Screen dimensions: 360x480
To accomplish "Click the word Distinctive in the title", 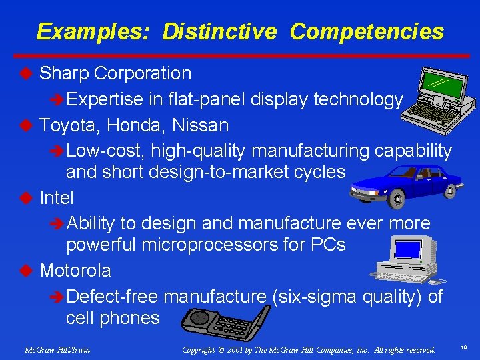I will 219,31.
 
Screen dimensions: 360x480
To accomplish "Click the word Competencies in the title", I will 367,31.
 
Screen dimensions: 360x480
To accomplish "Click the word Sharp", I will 65,73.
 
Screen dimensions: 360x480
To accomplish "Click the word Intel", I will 57,198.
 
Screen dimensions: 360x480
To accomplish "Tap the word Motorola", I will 75,271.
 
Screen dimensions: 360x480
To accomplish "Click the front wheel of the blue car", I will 398,198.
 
